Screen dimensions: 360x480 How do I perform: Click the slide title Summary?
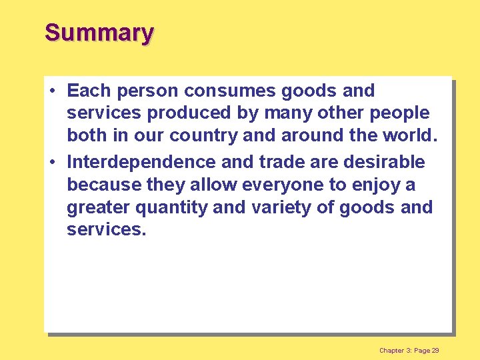click(x=99, y=32)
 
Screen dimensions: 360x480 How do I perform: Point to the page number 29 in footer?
click(x=435, y=351)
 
